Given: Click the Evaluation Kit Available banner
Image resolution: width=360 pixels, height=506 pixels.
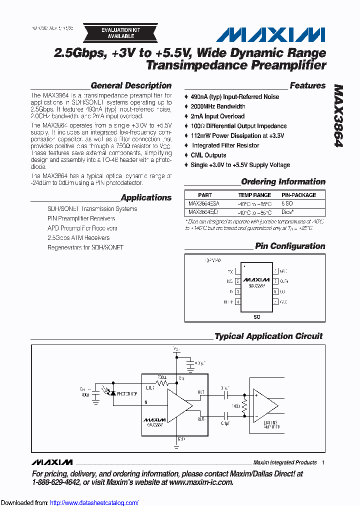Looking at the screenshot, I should click(120, 33).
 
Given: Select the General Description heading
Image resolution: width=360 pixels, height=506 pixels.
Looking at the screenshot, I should click(131, 85).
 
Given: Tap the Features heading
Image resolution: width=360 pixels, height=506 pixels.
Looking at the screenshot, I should click(307, 85).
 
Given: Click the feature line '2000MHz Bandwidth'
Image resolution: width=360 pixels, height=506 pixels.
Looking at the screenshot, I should click(217, 106).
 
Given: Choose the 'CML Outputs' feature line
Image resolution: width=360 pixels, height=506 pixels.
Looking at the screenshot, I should click(208, 155).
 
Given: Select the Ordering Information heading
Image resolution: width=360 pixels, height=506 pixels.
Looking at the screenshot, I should click(283, 181).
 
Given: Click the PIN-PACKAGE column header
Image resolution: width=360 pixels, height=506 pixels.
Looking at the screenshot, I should click(298, 195).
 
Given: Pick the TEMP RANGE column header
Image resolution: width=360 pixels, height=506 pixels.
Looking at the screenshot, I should click(254, 195).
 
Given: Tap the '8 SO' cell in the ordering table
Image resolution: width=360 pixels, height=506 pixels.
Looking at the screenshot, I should click(287, 203).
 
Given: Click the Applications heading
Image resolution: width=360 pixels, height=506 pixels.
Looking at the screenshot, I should click(146, 197).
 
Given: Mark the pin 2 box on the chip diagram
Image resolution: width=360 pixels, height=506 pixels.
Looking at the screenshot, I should click(237, 281).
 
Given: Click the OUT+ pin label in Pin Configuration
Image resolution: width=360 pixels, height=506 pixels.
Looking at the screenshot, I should click(284, 281).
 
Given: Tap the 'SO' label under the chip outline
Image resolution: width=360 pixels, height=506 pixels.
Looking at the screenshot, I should click(256, 316).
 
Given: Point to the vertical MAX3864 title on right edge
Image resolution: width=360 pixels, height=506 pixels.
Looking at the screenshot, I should click(338, 115).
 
